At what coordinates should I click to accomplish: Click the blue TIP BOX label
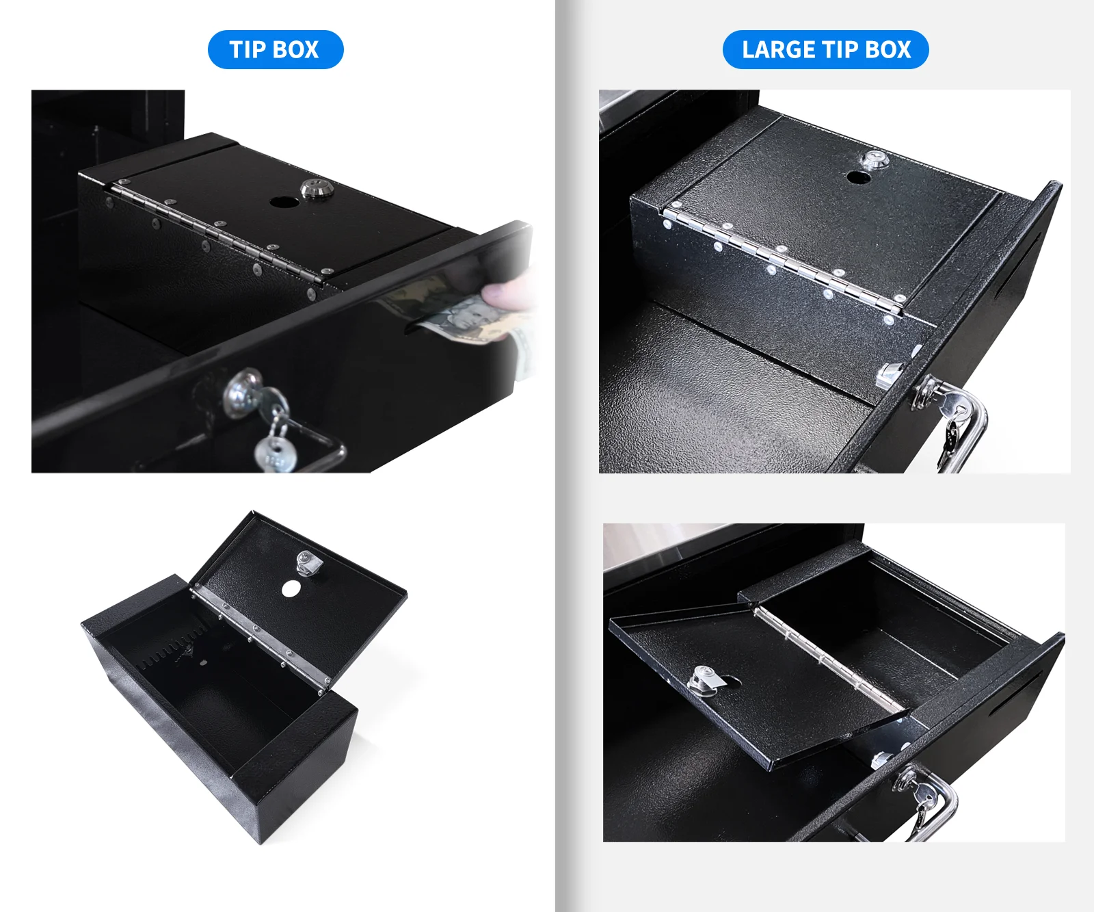coord(275,49)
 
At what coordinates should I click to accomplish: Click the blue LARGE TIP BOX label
coord(826,49)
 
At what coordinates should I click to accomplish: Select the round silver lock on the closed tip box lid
coord(317,188)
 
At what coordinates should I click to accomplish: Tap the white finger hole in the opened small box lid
coord(291,588)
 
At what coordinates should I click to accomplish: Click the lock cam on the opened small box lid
coord(308,563)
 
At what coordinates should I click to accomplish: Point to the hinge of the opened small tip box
coord(261,634)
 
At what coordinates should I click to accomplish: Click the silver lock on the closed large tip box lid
coord(873,161)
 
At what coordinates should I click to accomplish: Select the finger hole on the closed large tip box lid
coord(858,177)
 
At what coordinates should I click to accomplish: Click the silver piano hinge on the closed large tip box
coord(782,259)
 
